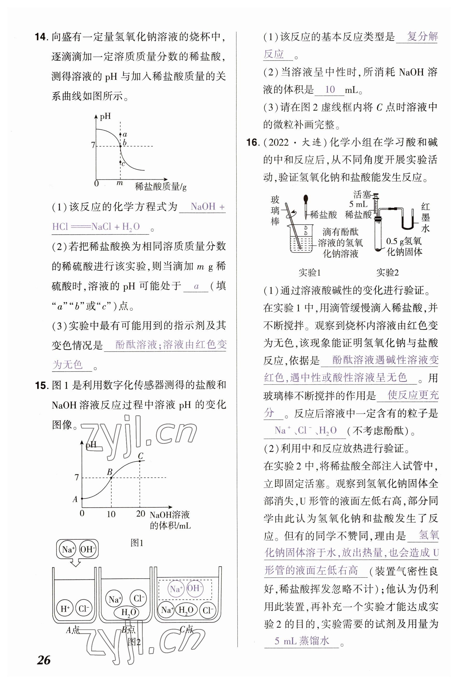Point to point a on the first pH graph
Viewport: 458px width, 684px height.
tap(120, 135)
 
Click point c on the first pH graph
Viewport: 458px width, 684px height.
tap(120, 161)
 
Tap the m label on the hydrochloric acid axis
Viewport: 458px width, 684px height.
tap(119, 183)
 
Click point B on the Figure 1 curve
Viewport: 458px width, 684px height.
tap(111, 478)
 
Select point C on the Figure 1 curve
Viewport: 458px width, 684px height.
tap(140, 461)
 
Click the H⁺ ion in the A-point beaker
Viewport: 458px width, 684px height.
tap(65, 609)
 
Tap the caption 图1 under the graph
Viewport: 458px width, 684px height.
tap(137, 543)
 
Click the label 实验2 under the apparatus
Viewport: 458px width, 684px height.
tap(387, 273)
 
